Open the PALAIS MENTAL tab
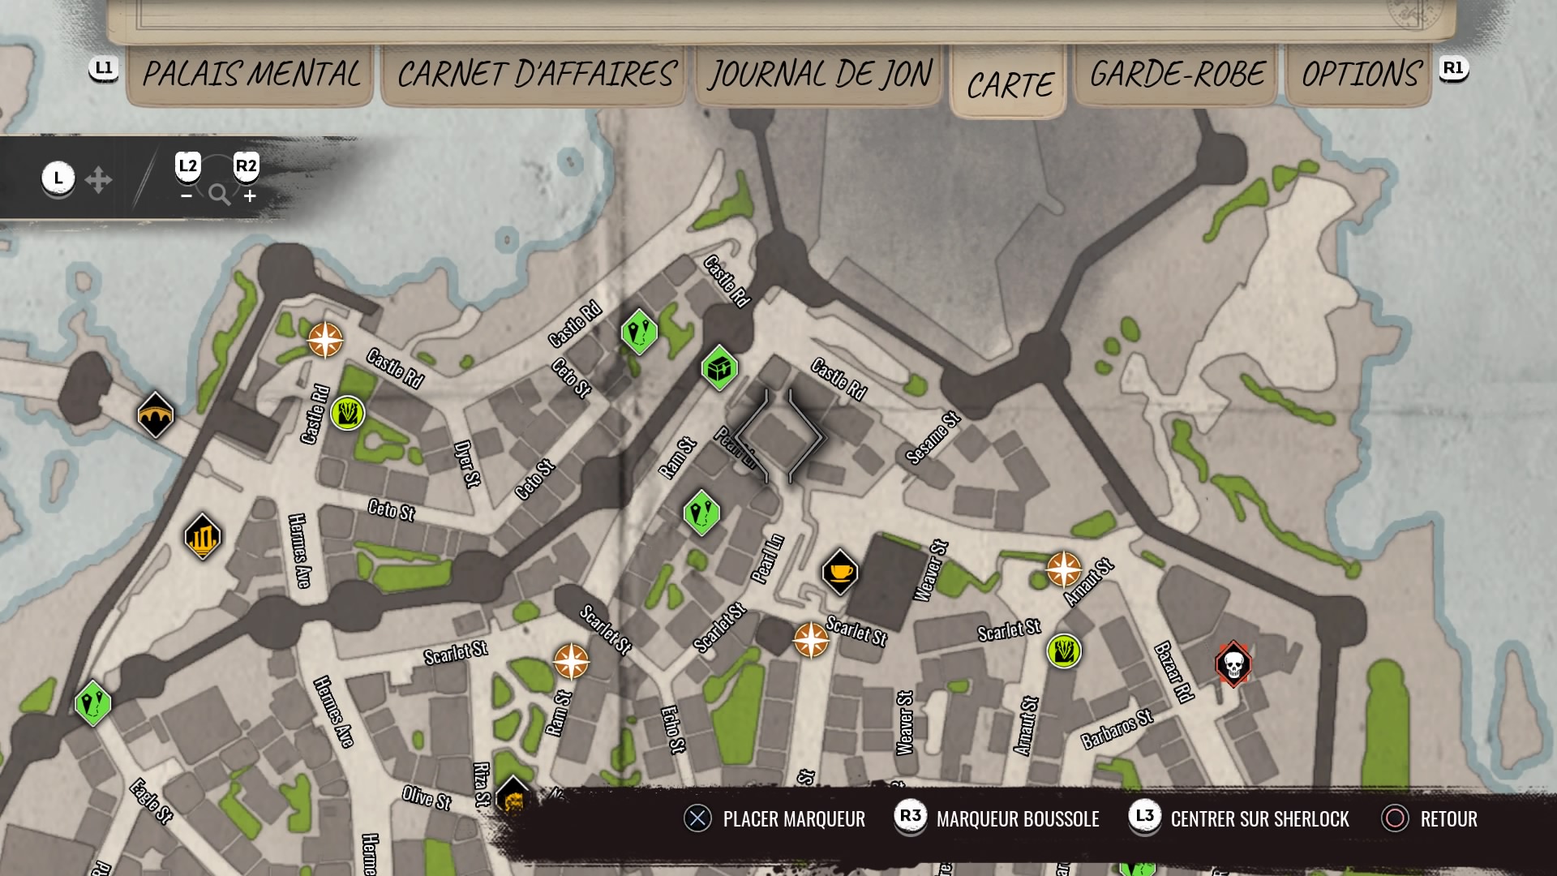(x=251, y=75)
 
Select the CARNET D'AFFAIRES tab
(x=536, y=75)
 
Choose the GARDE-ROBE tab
(x=1176, y=75)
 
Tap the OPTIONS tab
(x=1360, y=75)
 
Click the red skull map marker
(x=1233, y=664)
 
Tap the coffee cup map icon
(x=839, y=572)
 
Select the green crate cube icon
(x=719, y=368)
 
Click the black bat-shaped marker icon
(x=155, y=415)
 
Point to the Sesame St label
(x=933, y=438)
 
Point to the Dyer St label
(x=466, y=463)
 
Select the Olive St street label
(x=427, y=797)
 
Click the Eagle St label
(x=152, y=801)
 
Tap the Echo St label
(x=672, y=729)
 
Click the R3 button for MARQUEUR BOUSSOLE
(x=910, y=817)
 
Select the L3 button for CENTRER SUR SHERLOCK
(x=1144, y=817)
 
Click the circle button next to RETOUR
(x=1395, y=818)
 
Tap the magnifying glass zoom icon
(x=219, y=195)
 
